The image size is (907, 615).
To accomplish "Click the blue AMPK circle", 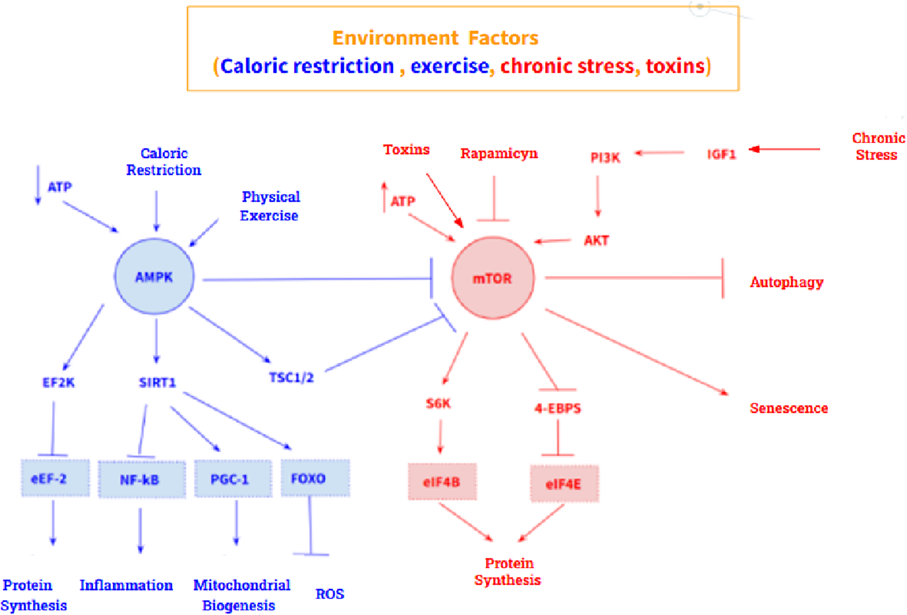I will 154,277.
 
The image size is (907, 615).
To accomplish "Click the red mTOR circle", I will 492,278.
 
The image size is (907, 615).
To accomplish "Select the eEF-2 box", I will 55,478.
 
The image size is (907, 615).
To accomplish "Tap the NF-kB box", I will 141,479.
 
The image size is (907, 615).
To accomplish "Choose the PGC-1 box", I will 233,479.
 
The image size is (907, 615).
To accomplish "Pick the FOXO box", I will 315,478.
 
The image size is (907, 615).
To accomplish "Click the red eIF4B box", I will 442,482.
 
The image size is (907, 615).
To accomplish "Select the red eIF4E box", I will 564,484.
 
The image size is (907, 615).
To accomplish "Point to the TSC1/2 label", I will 291,377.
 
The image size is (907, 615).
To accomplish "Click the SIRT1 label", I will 157,383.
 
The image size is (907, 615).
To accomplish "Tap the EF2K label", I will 58,383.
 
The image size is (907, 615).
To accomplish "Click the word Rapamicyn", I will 498,154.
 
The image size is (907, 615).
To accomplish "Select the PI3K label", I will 605,157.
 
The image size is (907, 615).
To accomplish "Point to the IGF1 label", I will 721,154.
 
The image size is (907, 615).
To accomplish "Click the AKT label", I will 596,240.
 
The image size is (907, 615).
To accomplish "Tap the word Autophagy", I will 786,282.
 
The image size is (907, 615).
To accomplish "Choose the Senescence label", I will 788,408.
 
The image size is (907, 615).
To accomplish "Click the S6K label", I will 438,403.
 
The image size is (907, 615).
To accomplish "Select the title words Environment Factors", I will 435,38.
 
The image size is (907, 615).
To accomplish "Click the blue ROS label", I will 330,594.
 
